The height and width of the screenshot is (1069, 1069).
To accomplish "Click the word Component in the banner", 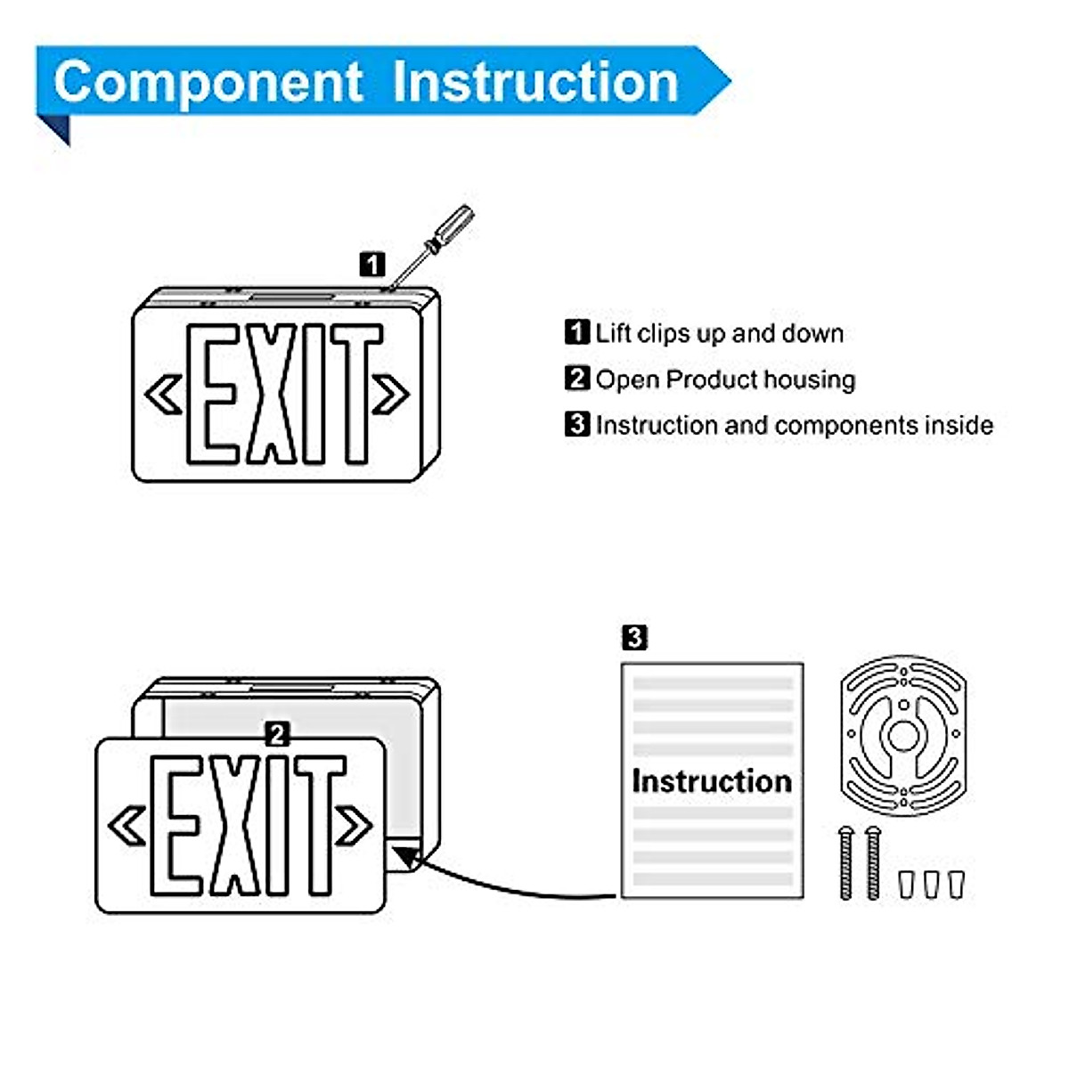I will pyautogui.click(x=208, y=83).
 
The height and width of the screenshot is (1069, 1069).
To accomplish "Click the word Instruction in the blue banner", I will pyautogui.click(x=535, y=83).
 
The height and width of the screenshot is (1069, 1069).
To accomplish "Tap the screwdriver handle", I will pyautogui.click(x=453, y=226).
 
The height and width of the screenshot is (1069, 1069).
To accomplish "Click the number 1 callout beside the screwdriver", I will pyautogui.click(x=372, y=264).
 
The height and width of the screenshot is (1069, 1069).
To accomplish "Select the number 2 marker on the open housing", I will pyautogui.click(x=278, y=734).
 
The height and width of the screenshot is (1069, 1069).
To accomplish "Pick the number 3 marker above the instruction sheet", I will pyautogui.click(x=633, y=638).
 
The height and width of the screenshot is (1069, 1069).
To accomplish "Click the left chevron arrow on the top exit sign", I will pyautogui.click(x=164, y=394).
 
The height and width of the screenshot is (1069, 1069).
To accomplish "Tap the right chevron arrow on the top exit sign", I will pyautogui.click(x=390, y=394).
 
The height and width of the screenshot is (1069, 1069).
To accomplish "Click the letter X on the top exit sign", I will pyautogui.click(x=271, y=394).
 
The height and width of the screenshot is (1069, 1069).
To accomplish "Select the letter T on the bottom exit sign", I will pyautogui.click(x=318, y=825).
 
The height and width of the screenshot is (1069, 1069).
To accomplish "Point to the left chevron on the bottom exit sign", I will pyautogui.click(x=127, y=826).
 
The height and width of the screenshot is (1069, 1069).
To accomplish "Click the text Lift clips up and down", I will pyautogui.click(x=718, y=333).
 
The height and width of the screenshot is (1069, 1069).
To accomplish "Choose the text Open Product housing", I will pyautogui.click(x=724, y=379).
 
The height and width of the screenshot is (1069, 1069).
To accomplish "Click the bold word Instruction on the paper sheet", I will pyautogui.click(x=711, y=781).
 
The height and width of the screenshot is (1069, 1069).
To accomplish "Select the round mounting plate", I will pyautogui.click(x=902, y=736).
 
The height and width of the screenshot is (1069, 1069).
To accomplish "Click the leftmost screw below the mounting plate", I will pyautogui.click(x=845, y=862).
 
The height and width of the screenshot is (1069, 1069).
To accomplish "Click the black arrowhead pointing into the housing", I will pyautogui.click(x=407, y=858).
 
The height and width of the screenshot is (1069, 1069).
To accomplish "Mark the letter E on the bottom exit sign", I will pyautogui.click(x=182, y=825).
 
